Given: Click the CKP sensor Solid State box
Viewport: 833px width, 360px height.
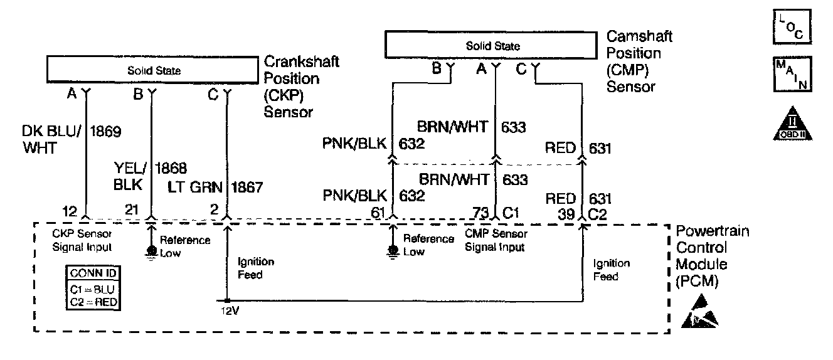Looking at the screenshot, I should click(154, 70).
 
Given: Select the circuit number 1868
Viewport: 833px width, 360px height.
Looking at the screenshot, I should click(170, 168).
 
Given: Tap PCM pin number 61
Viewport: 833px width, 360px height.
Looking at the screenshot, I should click(378, 213).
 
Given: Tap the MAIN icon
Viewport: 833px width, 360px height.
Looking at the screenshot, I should click(789, 74).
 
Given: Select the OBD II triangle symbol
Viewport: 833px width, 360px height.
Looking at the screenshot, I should click(788, 124).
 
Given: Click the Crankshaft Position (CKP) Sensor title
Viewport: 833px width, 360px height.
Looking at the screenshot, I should click(302, 87).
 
